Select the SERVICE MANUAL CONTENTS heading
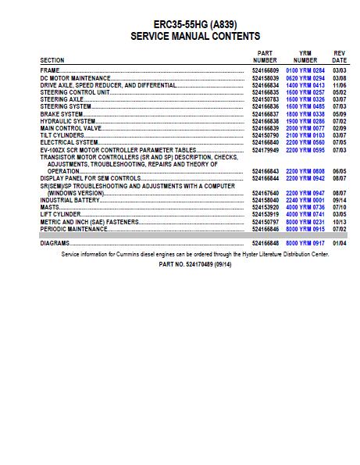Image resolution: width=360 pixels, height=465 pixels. coord(195,36)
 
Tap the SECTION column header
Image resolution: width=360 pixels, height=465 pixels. coord(52,60)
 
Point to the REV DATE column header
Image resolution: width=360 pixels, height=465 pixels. coord(339,56)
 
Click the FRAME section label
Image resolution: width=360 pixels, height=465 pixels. coord(51,70)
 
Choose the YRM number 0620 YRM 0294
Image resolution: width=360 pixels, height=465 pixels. coord(305,77)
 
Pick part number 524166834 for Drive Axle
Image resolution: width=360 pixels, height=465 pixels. coord(265,84)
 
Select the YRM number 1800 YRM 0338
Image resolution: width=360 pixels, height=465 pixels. coord(305,114)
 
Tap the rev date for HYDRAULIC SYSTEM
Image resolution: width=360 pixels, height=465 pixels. coord(339,121)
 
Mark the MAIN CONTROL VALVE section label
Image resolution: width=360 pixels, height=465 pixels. coord(71,128)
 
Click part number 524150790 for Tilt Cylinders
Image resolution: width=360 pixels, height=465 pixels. coord(265,135)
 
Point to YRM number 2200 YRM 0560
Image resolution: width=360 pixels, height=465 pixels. coord(305,143)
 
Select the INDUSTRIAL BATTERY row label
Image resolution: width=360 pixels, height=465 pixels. coord(66,200)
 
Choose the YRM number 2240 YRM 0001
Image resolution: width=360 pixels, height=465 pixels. coord(305,200)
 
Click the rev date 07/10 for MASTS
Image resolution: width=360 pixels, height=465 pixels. coord(339,207)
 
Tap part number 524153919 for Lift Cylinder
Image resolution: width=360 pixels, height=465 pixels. coord(265,214)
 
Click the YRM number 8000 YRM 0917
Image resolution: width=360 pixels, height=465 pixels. coord(305,243)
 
